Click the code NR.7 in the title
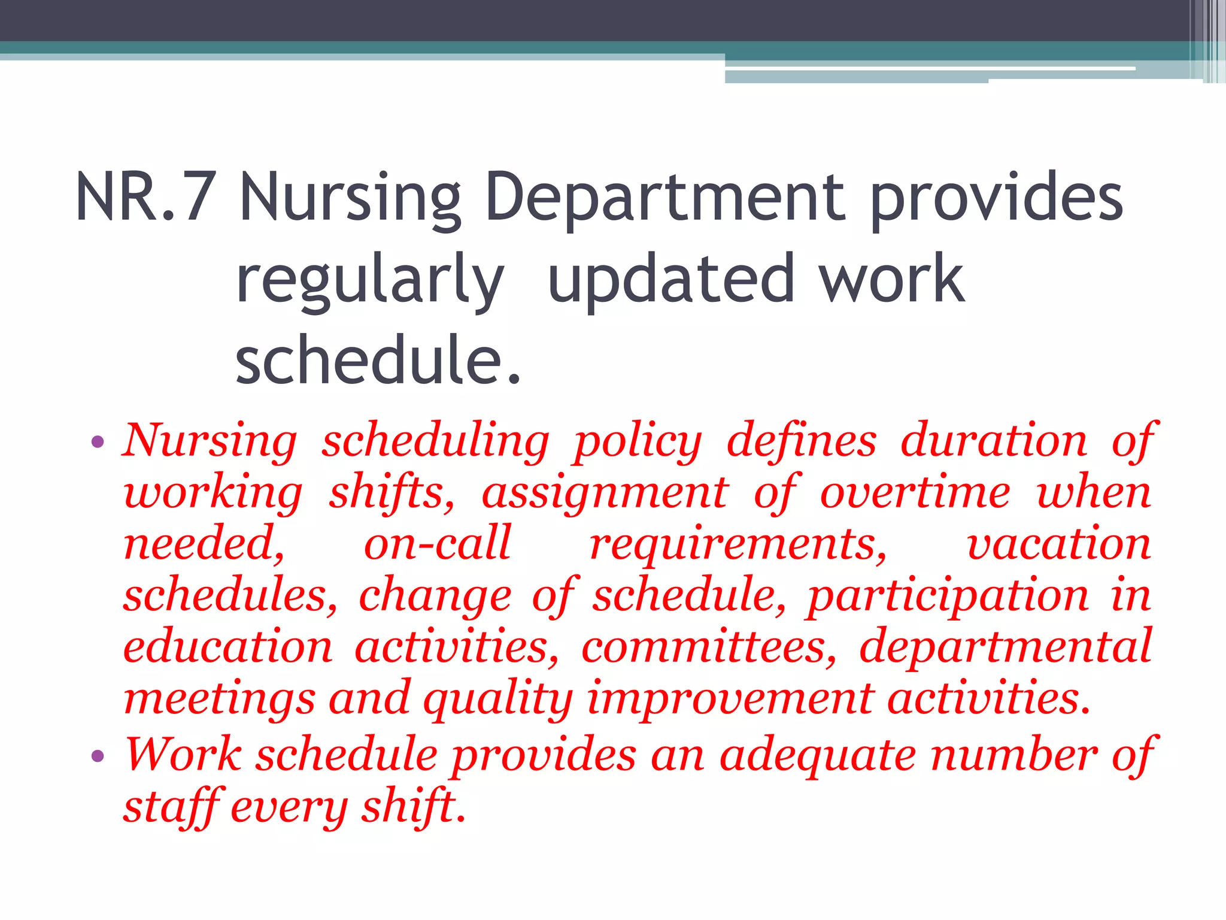[x=145, y=197]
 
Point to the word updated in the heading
[x=670, y=279]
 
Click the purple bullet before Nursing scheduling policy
[x=98, y=443]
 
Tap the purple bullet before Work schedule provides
[x=98, y=756]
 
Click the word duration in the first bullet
[x=994, y=441]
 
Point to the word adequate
[x=817, y=755]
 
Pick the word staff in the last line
[x=173, y=807]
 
